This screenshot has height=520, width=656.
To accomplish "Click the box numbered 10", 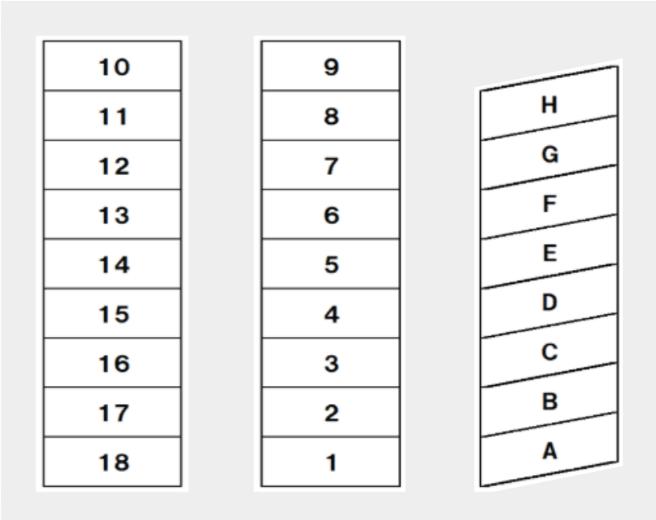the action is point(113,65).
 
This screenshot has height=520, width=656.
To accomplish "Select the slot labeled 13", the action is point(113,214).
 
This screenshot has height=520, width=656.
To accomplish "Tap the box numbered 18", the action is point(113,462).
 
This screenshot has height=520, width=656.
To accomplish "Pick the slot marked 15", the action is point(113,313).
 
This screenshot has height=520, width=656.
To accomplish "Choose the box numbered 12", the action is point(113,165).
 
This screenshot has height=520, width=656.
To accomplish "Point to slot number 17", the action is point(113,412).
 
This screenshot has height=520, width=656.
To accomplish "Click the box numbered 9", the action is point(331,65).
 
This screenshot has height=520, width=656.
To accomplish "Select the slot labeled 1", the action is point(331,462).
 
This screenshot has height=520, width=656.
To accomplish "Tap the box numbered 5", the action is point(331,264).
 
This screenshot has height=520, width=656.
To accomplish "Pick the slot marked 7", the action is point(331,165).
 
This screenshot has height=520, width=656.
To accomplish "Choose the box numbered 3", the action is point(331,363).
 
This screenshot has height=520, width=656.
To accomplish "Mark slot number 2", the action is point(331,412).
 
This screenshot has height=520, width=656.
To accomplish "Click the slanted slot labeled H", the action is point(549,103).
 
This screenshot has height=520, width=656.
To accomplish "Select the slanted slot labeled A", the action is point(549,449).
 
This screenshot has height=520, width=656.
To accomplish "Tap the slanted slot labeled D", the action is point(549,301).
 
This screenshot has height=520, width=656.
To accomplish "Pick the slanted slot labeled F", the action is point(549,202).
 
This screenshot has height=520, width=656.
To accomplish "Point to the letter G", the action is point(549,154).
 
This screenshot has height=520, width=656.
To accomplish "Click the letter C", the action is point(549,351).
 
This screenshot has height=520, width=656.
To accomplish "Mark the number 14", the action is point(114,265).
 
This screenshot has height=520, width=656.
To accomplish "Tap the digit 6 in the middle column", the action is point(332,215).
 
